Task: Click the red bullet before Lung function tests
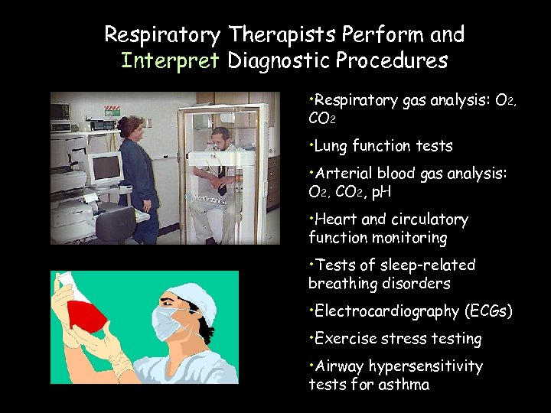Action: coord(311,143)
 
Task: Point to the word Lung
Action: coord(329,146)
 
